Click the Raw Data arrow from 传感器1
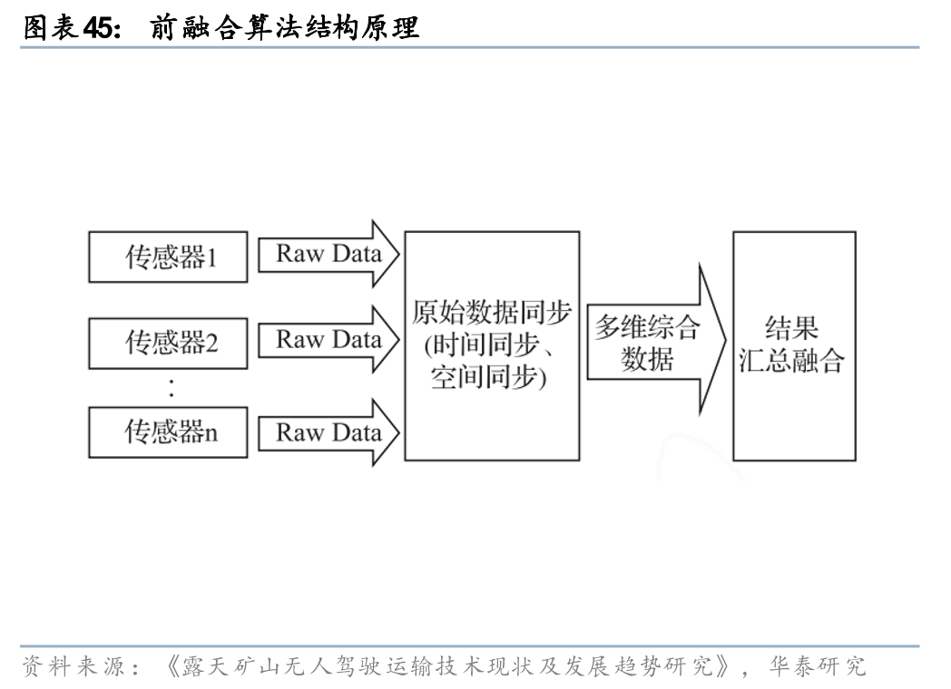coord(328,254)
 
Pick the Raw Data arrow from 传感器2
coord(328,340)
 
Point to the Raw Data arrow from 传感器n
coord(328,432)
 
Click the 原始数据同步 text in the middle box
coord(491,313)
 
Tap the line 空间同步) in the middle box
coord(489,377)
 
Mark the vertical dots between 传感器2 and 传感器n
coord(172,388)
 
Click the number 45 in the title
coord(99,27)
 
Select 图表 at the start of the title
coord(50,27)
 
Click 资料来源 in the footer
coord(74,666)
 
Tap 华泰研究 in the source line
coord(818,666)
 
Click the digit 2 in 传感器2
coord(211,344)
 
